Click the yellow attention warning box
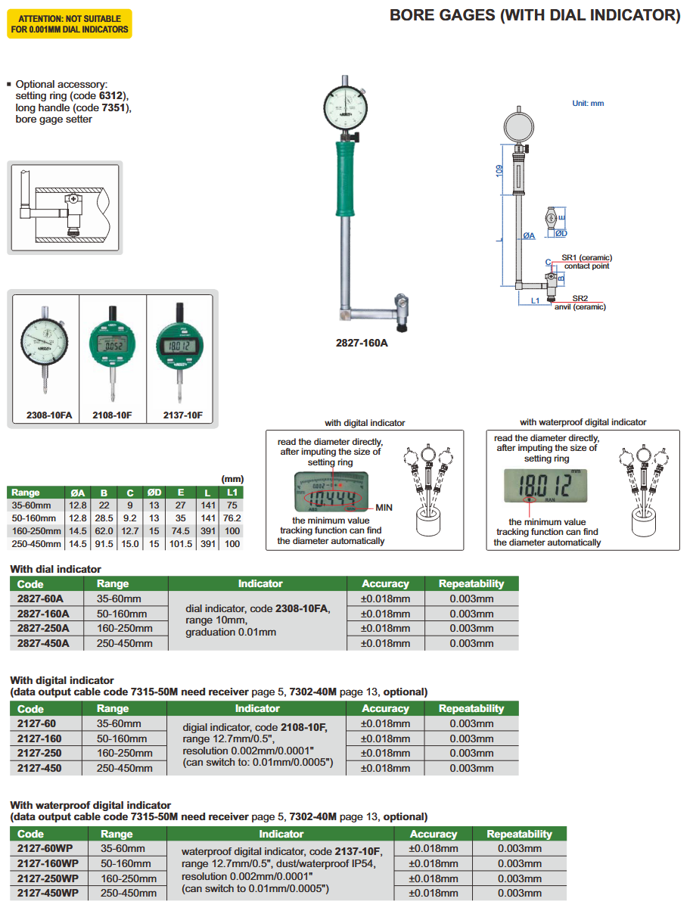point(70,23)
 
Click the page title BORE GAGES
point(534,15)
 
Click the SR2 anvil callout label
point(580,299)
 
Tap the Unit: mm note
point(588,103)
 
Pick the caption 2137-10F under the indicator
point(182,415)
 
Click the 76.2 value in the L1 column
point(232,518)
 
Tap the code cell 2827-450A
point(43,643)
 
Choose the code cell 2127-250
point(39,753)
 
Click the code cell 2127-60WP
point(48,849)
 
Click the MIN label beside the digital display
point(384,506)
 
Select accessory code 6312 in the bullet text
point(113,96)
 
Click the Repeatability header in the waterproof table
point(519,834)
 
